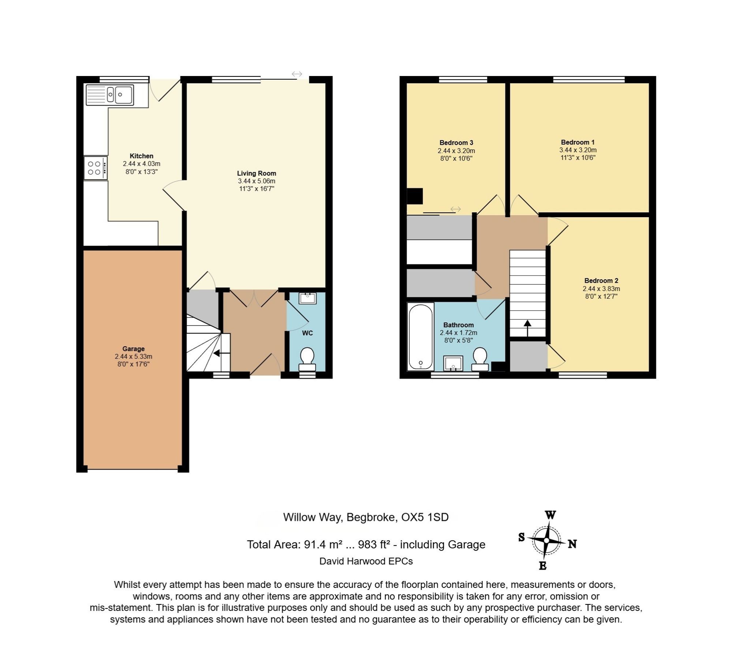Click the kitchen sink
coord(110,95)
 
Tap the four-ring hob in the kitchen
coord(96,168)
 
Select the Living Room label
coord(257,173)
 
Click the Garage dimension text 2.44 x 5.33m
coord(134,357)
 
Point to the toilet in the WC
coord(307,359)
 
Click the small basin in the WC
coord(307,298)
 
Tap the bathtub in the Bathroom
coord(421,336)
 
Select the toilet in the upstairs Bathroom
coord(480,359)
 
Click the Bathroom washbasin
coord(453,363)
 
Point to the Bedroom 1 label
coord(578,142)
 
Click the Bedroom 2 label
coord(601,280)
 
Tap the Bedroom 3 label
coord(456,143)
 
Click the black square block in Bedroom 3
coord(415,196)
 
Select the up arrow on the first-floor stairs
coord(527,328)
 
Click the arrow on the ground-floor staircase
coord(222,353)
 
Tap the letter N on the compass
coord(572,544)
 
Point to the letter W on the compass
coord(550,515)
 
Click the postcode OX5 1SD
coord(425,517)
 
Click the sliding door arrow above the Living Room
coord(297,74)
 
